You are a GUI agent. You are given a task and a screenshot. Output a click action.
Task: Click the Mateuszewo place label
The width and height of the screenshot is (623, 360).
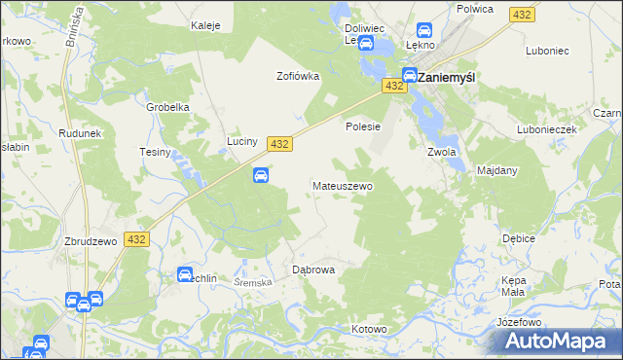342,185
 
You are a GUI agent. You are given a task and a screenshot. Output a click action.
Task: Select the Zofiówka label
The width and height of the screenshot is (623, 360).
298,76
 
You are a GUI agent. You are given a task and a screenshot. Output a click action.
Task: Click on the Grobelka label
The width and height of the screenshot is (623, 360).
166,107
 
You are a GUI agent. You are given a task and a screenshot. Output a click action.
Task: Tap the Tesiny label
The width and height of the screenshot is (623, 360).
155,153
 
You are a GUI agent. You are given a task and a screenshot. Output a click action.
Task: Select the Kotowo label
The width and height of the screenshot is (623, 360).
370,329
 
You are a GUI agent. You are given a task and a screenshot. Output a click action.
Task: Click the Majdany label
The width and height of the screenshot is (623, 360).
497,170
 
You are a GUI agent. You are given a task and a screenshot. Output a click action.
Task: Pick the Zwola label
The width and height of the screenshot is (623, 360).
442,152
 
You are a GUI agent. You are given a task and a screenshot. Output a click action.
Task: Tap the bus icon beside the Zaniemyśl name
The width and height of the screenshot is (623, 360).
411,75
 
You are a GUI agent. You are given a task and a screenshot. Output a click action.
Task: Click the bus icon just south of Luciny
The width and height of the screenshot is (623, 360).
261,175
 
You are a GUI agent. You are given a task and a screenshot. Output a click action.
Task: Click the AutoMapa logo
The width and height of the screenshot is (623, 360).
560,341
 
